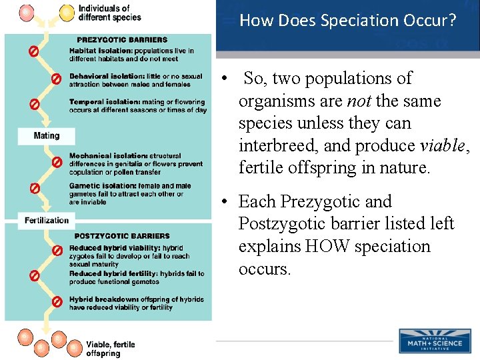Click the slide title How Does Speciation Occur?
pyautogui.click(x=347, y=21)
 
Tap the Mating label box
pyautogui.click(x=46, y=136)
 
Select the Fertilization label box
pyautogui.click(x=47, y=220)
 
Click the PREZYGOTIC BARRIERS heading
pyautogui.click(x=121, y=40)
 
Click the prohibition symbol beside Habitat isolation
pyautogui.click(x=33, y=51)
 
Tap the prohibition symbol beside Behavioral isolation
pyautogui.click(x=57, y=79)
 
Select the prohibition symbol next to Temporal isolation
pyautogui.click(x=33, y=105)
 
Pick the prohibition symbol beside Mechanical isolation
pyautogui.click(x=57, y=162)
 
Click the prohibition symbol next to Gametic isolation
pyautogui.click(x=33, y=188)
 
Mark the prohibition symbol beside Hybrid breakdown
pyautogui.click(x=57, y=302)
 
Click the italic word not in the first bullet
pyautogui.click(x=359, y=101)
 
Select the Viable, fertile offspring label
pyautogui.click(x=110, y=349)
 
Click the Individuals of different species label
pyautogui.click(x=109, y=13)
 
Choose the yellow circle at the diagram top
pyautogui.click(x=67, y=12)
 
